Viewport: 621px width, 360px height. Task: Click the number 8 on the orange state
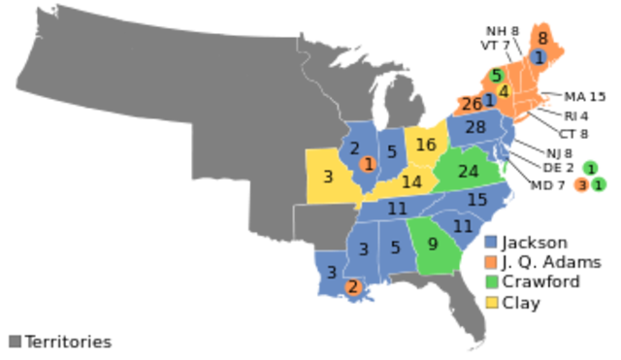[x=542, y=39]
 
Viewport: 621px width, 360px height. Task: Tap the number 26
[x=472, y=104]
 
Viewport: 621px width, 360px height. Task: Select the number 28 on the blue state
[x=474, y=127]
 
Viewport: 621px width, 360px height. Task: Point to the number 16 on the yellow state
[x=426, y=146]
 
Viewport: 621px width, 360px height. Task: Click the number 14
[x=411, y=181]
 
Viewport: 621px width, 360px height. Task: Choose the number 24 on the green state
[x=469, y=172]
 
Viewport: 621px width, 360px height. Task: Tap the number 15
[x=476, y=200]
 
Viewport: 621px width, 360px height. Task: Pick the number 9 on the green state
[x=433, y=245]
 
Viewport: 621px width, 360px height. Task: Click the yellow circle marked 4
[x=504, y=91]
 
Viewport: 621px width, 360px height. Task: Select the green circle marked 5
[x=497, y=75]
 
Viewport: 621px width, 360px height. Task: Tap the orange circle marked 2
[x=352, y=286]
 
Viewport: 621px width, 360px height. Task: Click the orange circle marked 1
[x=368, y=164]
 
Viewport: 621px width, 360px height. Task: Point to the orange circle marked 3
[x=581, y=185]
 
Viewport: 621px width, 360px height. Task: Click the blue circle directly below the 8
[x=539, y=57]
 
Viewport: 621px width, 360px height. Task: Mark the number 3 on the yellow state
[x=328, y=177]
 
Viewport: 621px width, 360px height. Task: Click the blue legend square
[x=491, y=242]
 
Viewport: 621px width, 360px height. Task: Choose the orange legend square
[x=491, y=262]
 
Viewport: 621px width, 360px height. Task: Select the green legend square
[x=491, y=282]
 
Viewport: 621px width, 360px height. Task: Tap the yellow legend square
[x=491, y=303]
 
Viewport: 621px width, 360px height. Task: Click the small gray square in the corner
[x=15, y=341]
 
